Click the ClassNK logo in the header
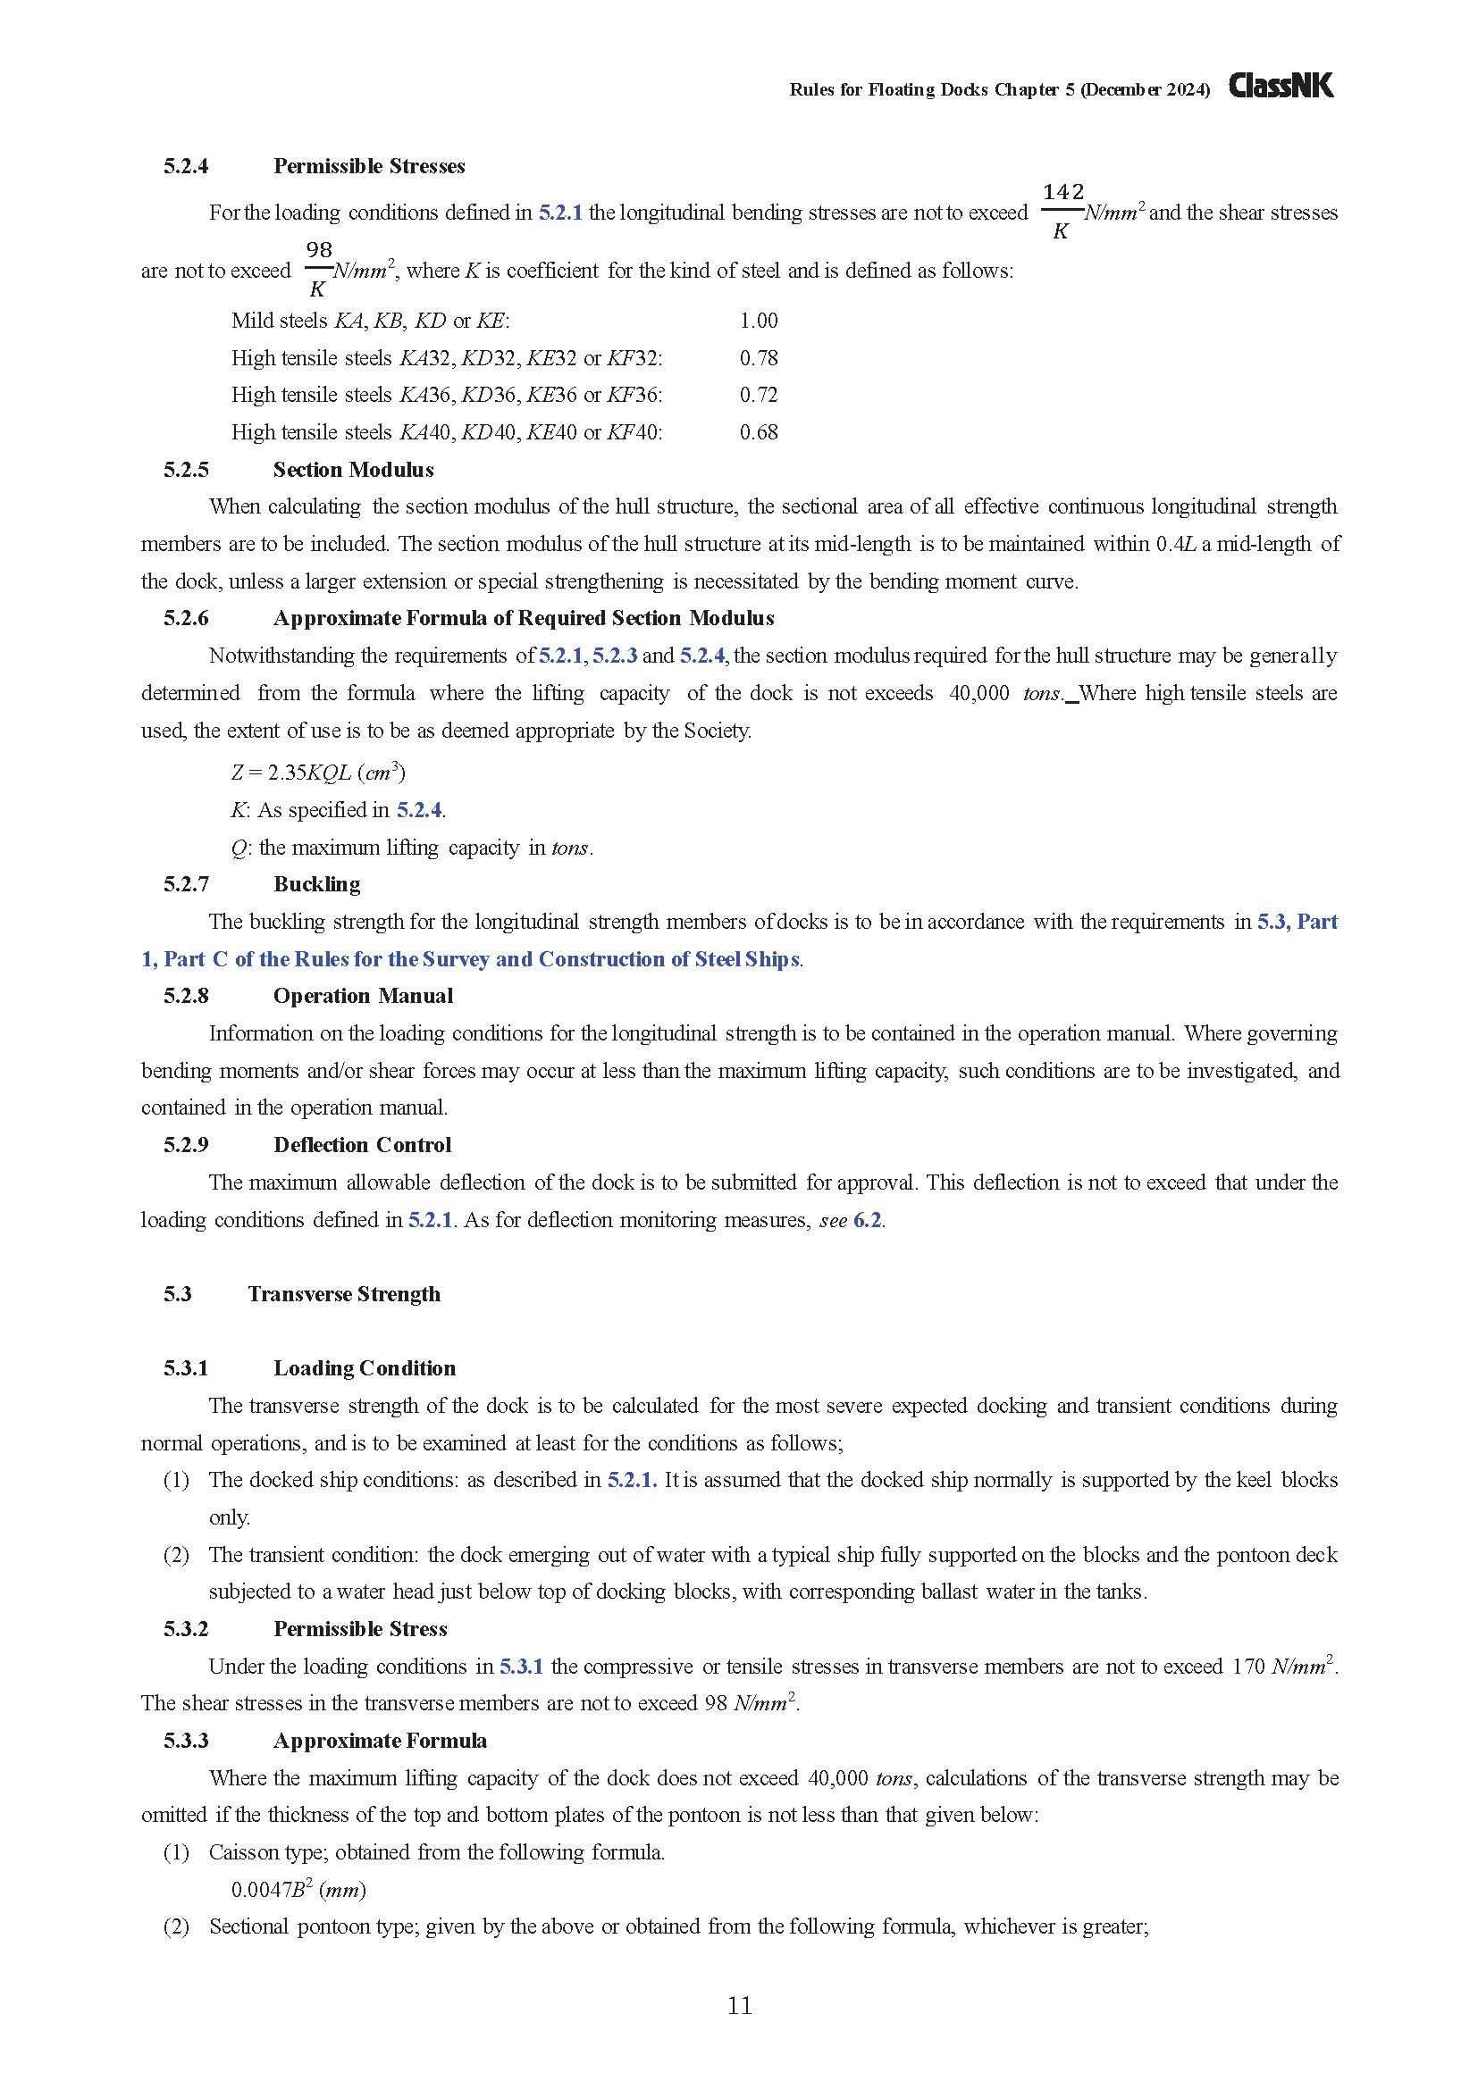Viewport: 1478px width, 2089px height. [x=1281, y=87]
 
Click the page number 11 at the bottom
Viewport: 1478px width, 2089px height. [x=739, y=2005]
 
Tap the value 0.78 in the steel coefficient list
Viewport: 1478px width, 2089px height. [x=758, y=358]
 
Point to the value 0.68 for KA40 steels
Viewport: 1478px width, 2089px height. [x=758, y=432]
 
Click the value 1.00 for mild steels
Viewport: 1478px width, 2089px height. [x=758, y=322]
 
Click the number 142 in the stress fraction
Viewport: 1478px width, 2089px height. [x=1063, y=192]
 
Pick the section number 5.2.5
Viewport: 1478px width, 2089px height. [x=186, y=470]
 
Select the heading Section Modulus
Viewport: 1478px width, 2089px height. [x=353, y=470]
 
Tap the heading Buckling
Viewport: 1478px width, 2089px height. [x=316, y=884]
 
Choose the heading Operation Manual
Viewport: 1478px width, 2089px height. [x=363, y=997]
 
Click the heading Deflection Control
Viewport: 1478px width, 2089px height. [x=362, y=1145]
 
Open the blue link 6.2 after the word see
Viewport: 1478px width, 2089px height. [x=868, y=1220]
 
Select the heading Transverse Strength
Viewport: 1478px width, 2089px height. [x=344, y=1294]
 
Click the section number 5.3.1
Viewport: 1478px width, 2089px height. [x=186, y=1368]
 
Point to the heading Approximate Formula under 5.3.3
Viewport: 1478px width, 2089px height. [x=380, y=1741]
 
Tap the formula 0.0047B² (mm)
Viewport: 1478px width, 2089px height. [x=298, y=1890]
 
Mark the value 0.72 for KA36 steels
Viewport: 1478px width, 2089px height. [x=758, y=395]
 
